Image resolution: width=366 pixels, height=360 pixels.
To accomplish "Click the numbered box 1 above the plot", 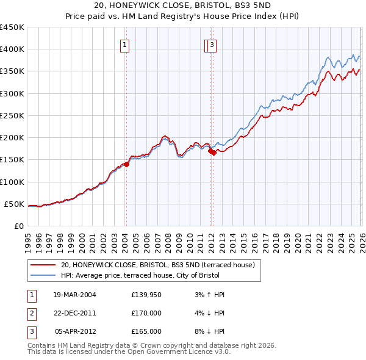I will (124, 44).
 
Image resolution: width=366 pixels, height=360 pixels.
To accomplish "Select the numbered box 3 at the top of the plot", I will (212, 44).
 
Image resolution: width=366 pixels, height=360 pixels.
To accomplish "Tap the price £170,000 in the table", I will (146, 313).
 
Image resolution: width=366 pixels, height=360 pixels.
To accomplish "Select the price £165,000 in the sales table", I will (146, 331).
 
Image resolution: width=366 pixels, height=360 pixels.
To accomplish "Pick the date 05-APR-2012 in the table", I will (76, 331).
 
